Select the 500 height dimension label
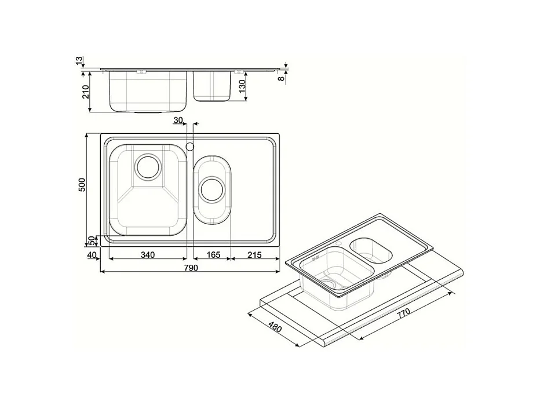coord(82,185)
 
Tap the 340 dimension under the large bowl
coord(148,254)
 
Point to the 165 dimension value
coord(213,254)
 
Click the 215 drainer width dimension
coord(254,254)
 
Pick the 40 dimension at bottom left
coord(91,254)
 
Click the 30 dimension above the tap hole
coord(178,120)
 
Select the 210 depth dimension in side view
coord(85,91)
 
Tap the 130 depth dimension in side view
coord(243,87)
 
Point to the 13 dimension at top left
coord(79,60)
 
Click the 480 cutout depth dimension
coord(274,328)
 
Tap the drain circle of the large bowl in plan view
coord(147,166)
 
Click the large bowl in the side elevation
coord(148,91)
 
